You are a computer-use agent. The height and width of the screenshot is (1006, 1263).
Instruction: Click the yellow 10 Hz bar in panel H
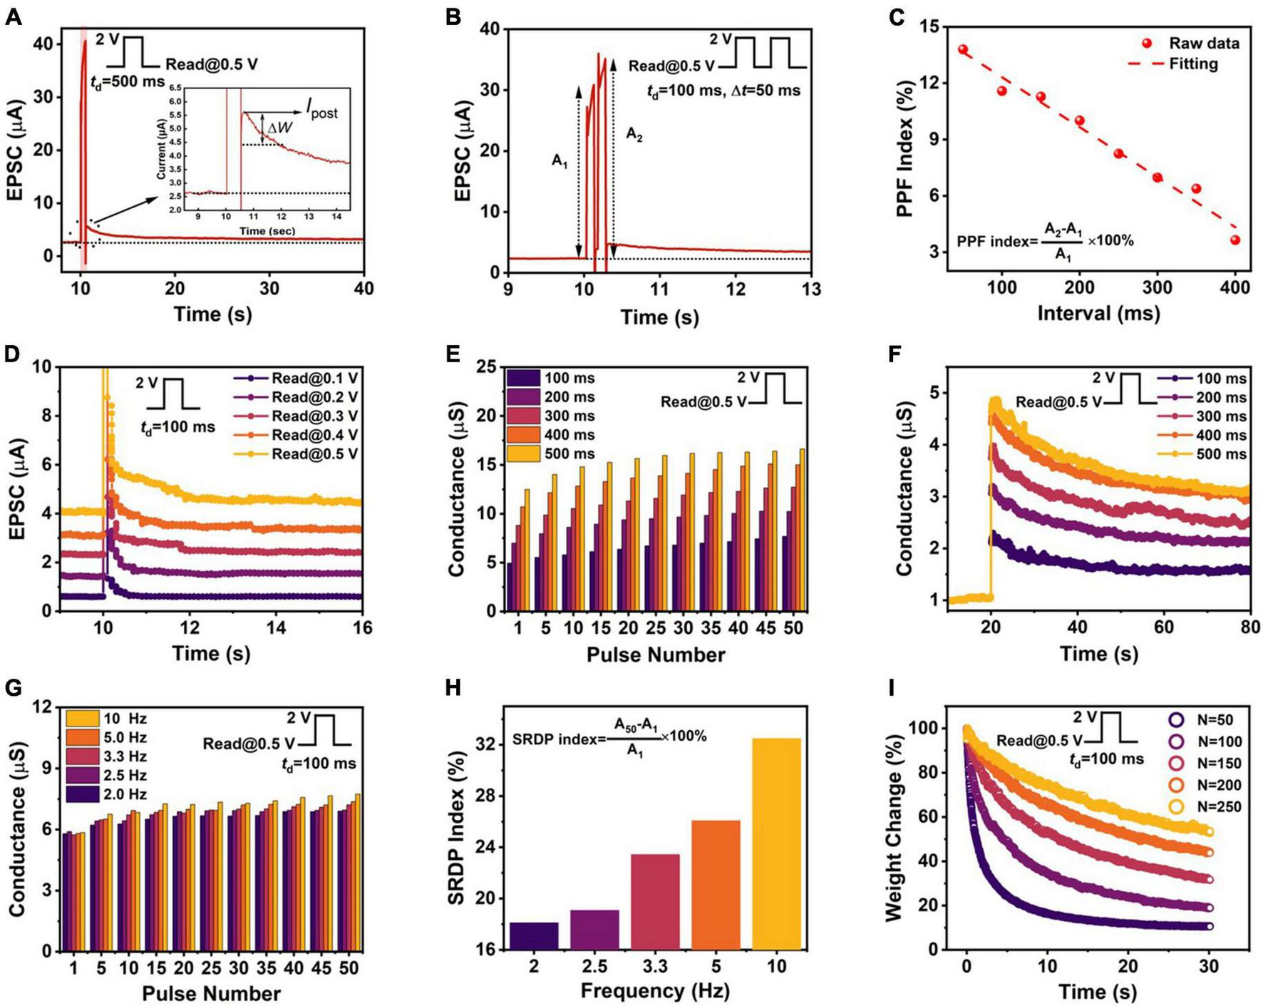tap(776, 844)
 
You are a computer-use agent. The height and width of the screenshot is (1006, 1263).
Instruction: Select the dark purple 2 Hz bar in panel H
tap(534, 935)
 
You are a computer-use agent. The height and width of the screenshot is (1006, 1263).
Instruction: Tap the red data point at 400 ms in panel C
tap(1235, 240)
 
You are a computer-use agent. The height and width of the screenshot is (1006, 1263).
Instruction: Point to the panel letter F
tap(897, 354)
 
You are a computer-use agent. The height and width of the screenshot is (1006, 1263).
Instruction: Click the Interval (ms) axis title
tap(1098, 314)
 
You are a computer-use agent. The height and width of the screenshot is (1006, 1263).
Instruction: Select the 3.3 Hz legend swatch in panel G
tap(82, 756)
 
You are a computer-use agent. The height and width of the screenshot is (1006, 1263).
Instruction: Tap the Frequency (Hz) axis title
tap(655, 991)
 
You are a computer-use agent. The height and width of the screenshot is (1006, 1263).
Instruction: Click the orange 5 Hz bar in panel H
tap(716, 885)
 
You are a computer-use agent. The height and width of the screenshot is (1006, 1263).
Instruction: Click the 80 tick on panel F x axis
tap(1249, 627)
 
